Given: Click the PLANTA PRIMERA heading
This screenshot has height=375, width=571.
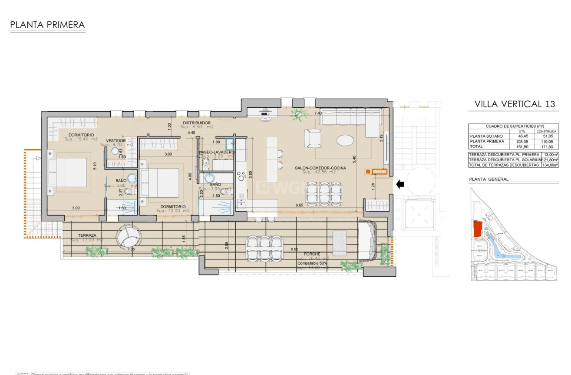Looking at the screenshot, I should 47,25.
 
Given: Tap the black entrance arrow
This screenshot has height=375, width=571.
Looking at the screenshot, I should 400,184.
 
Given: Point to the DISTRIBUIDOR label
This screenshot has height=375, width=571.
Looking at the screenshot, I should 197,123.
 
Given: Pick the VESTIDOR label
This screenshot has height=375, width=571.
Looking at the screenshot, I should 116,141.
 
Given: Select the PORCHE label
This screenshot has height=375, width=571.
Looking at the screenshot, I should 312,254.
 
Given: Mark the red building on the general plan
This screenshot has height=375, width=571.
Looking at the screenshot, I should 477,229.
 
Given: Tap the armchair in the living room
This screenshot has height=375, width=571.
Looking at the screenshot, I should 313,139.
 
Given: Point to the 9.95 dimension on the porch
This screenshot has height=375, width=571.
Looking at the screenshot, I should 294,249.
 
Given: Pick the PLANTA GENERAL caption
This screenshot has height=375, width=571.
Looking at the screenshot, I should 488,179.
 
